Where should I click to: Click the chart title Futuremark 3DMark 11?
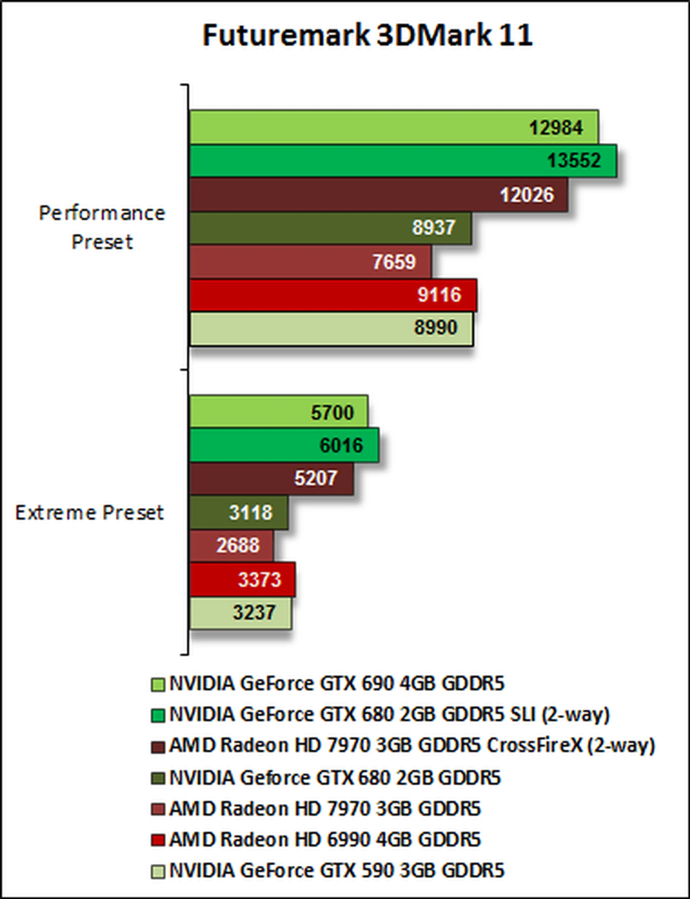point(368,35)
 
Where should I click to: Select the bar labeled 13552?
point(402,161)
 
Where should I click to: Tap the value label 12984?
point(556,128)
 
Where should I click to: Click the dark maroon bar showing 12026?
point(378,195)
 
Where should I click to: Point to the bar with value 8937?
point(330,228)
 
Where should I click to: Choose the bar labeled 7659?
point(310,262)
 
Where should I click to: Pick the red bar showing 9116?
point(333,295)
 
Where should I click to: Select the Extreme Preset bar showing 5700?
point(279,412)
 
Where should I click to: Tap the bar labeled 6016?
point(284,445)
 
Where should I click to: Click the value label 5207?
point(316,478)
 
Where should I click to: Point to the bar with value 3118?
point(238,513)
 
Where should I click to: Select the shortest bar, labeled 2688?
point(231,546)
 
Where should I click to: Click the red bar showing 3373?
point(242,579)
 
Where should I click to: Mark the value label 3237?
point(254,613)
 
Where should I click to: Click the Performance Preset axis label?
point(102,227)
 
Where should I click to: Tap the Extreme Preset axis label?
point(89,513)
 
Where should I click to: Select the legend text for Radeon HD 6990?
point(325,839)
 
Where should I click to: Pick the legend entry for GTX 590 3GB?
point(337,871)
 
